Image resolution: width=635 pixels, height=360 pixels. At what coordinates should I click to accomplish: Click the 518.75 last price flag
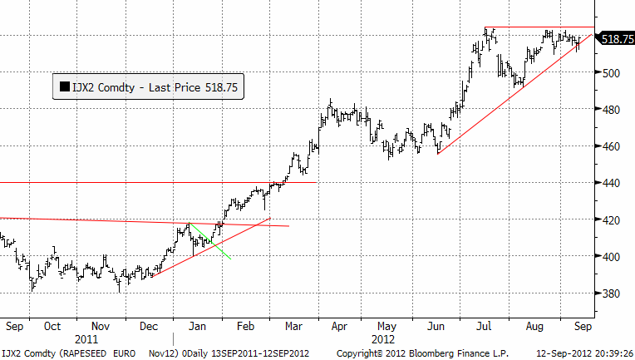click(x=617, y=38)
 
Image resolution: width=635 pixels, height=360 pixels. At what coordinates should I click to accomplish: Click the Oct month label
click(x=53, y=328)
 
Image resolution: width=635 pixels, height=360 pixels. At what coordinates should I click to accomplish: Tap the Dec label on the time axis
click(x=150, y=328)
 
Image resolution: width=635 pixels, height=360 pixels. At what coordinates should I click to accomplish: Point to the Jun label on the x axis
click(x=438, y=328)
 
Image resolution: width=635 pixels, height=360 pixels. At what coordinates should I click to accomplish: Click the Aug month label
click(x=535, y=328)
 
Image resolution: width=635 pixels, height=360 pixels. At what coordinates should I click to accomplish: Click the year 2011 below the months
click(x=86, y=339)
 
